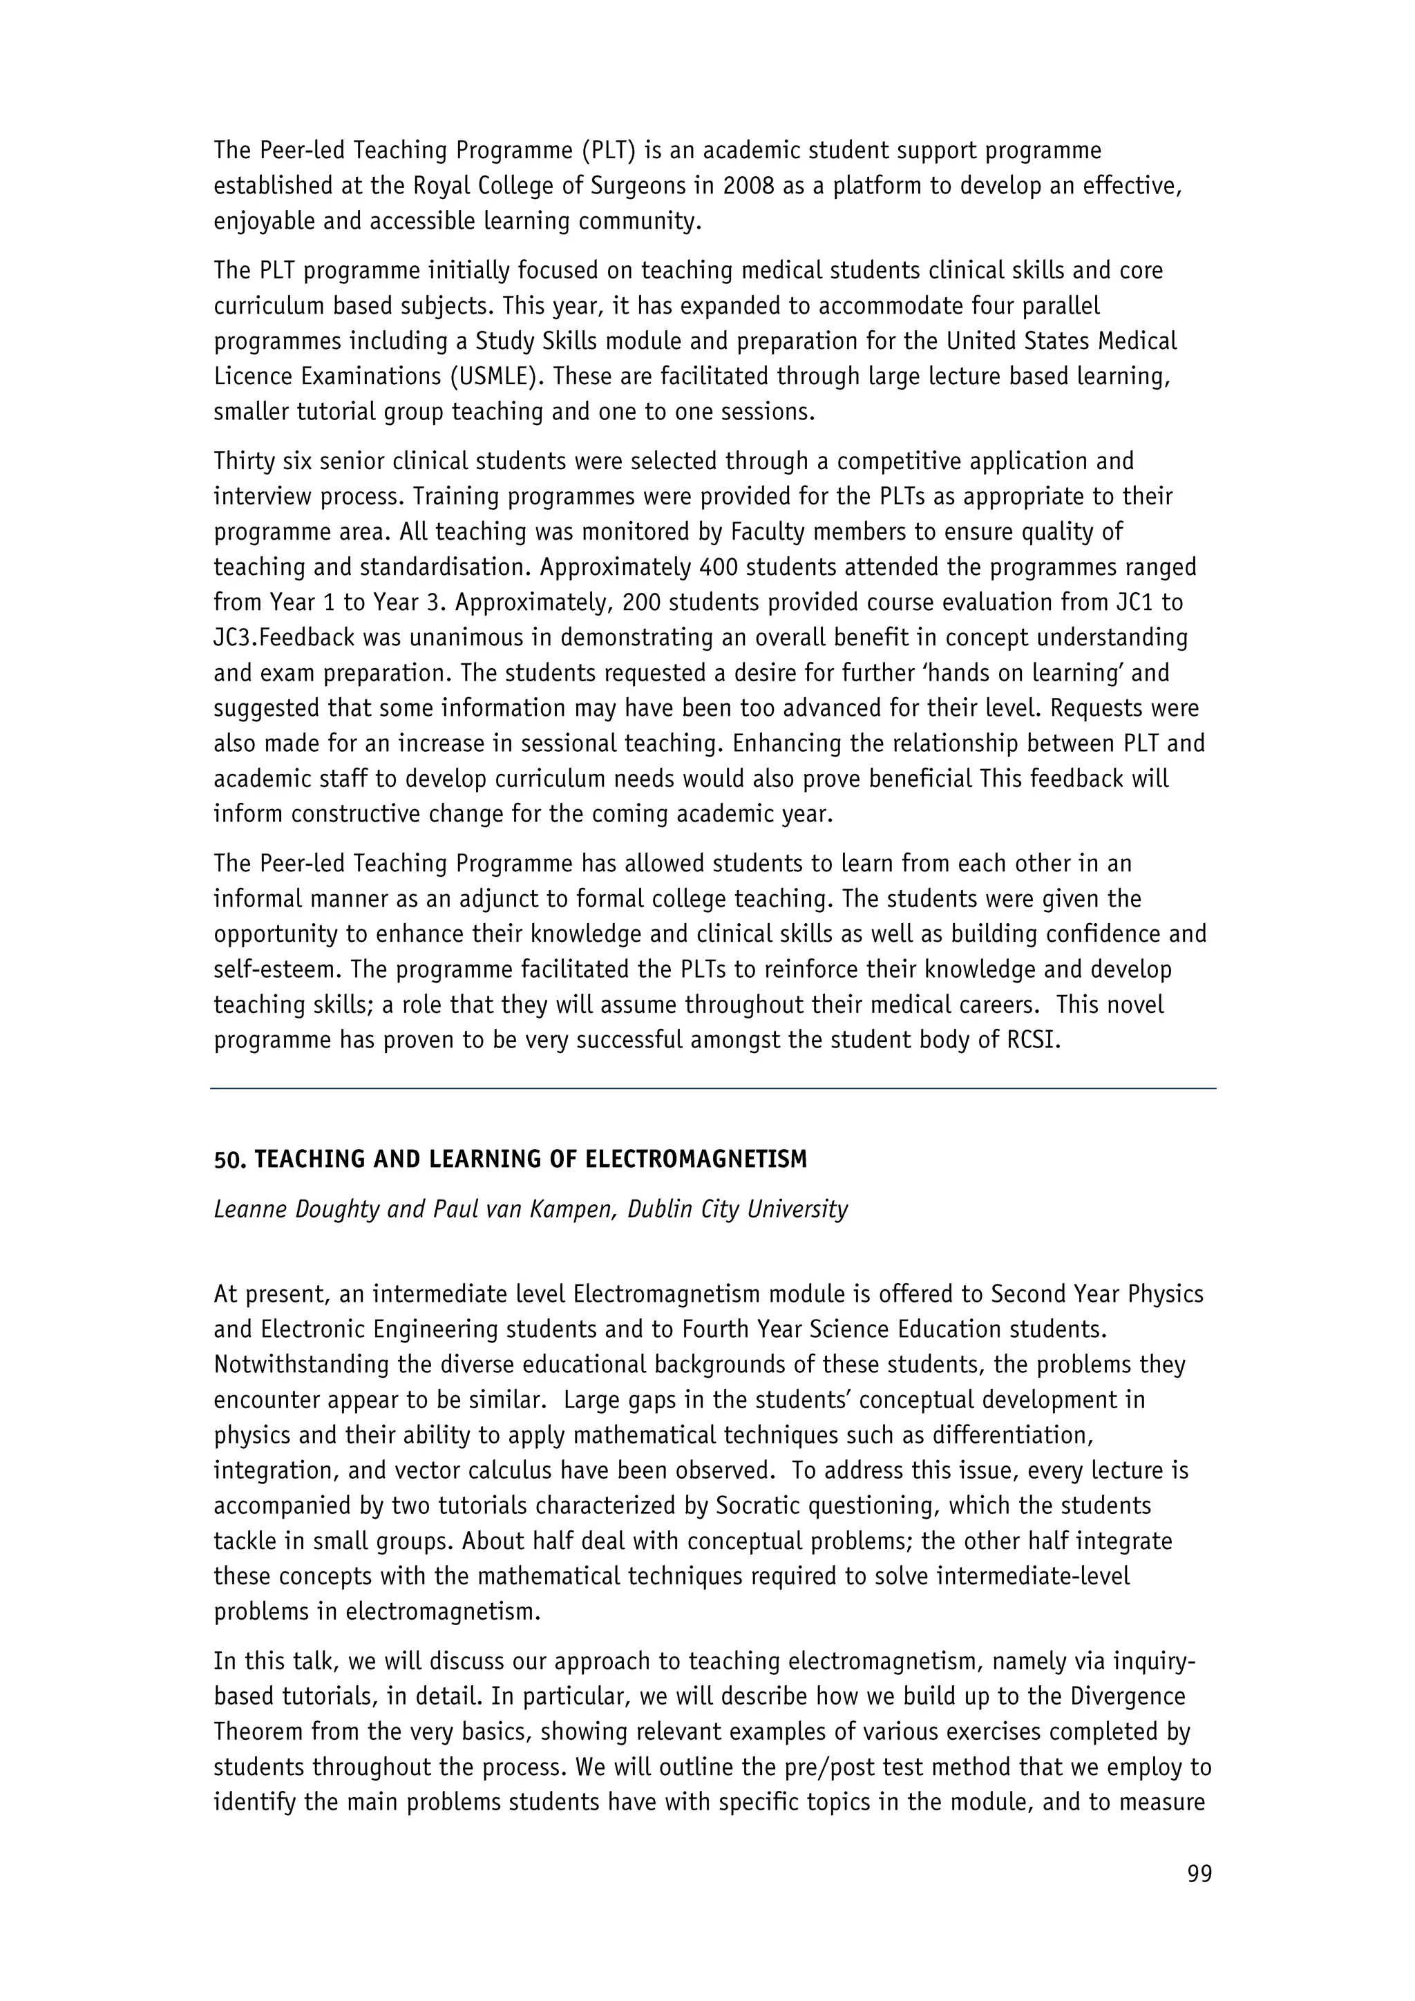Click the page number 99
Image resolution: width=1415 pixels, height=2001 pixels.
click(x=1199, y=1873)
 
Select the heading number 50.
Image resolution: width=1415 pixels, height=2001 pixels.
click(x=230, y=1159)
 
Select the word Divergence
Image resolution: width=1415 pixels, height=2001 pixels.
click(x=1128, y=1696)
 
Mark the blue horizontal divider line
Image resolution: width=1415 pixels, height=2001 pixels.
click(x=713, y=1088)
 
